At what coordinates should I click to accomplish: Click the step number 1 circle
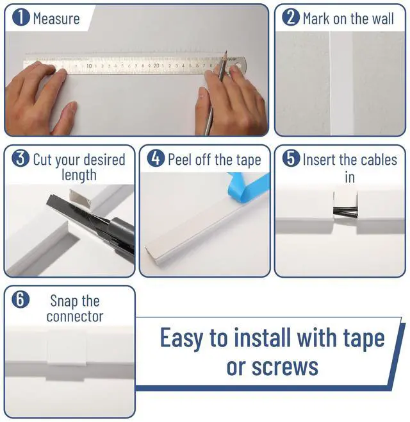[21, 17]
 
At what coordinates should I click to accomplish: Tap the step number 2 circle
[291, 17]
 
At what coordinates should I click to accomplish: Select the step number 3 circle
[21, 159]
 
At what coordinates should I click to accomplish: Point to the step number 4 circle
[156, 158]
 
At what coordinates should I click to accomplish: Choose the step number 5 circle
[291, 158]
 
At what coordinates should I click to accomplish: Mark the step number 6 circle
[21, 300]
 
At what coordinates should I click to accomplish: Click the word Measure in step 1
[56, 18]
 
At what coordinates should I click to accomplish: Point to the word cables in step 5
[377, 159]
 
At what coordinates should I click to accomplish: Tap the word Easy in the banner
[185, 337]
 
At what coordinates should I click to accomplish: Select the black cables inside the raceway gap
[346, 211]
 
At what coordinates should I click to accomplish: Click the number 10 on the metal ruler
[89, 65]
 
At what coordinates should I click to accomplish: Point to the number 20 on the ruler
[156, 65]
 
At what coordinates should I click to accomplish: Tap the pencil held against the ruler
[216, 90]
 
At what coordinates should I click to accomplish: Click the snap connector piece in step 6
[67, 355]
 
